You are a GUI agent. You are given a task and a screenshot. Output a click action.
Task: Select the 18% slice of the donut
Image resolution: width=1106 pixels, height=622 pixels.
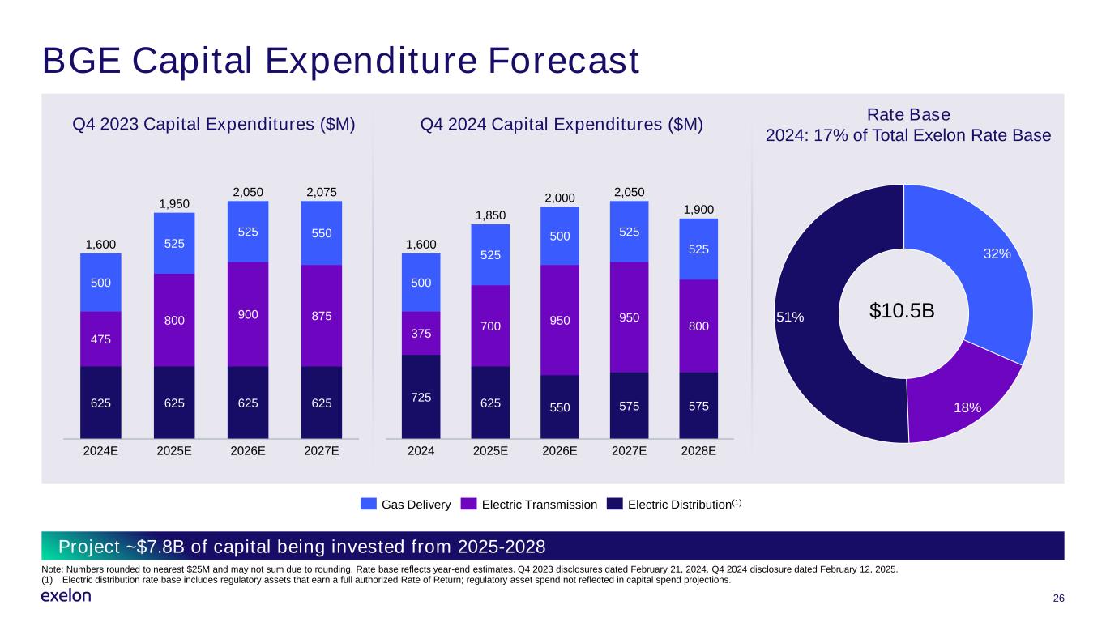tap(964, 397)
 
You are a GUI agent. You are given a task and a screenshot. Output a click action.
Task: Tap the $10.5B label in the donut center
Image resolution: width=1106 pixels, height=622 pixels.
tap(902, 311)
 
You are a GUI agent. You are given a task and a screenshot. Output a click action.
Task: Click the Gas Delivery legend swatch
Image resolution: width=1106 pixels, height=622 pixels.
tap(369, 505)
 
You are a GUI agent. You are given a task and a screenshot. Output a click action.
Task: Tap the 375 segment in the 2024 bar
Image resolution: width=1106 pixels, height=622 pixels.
tap(421, 333)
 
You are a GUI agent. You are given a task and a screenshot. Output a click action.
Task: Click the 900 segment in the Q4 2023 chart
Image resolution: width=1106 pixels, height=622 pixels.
tap(248, 314)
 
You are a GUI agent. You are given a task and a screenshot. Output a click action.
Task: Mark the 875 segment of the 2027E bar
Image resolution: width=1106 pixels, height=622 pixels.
tap(321, 316)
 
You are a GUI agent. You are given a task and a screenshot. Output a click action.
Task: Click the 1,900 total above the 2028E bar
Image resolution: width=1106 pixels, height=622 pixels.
tap(698, 210)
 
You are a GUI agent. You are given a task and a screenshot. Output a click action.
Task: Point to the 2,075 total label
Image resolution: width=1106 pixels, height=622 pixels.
tap(321, 192)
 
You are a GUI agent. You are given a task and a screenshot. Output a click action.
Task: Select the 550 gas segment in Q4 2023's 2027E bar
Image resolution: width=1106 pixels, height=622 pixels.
tap(321, 233)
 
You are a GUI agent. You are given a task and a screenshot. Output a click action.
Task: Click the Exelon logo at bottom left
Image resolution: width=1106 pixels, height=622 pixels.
tap(66, 596)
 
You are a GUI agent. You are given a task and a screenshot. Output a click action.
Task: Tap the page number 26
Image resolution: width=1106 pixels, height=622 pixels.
tap(1057, 598)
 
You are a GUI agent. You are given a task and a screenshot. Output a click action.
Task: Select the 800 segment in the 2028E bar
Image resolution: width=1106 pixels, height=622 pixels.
tap(698, 326)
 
